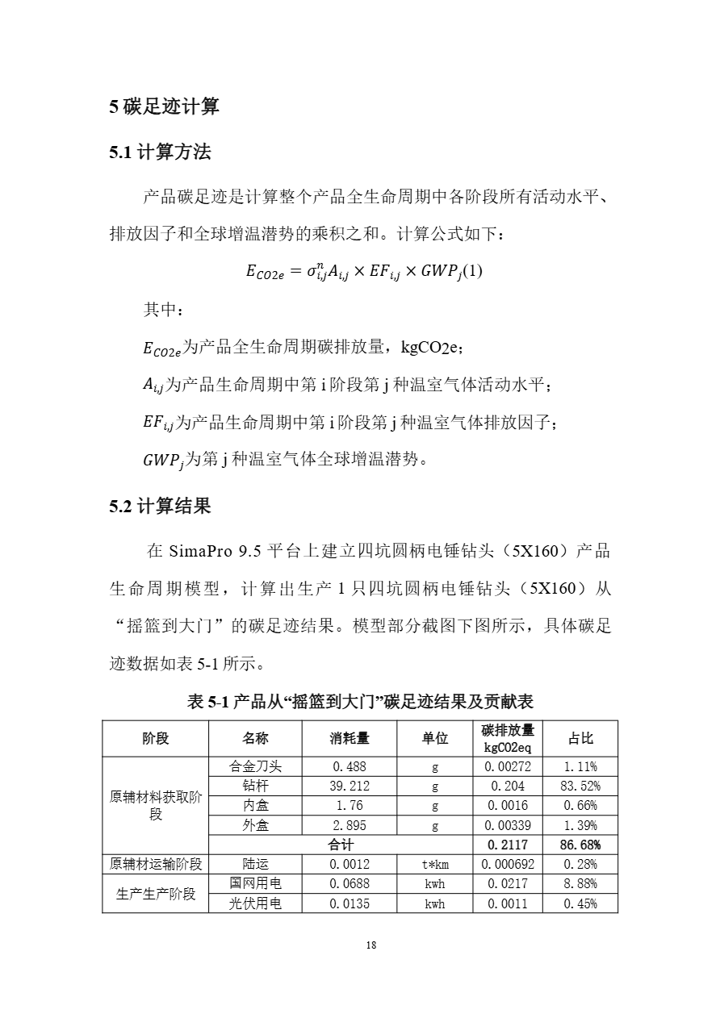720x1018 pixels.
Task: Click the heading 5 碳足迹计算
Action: click(164, 106)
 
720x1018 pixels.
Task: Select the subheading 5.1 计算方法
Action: click(160, 152)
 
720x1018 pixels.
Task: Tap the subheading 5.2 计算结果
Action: click(160, 507)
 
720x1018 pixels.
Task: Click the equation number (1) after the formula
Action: click(471, 271)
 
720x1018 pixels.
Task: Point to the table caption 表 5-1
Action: click(360, 702)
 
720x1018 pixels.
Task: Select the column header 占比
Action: click(580, 738)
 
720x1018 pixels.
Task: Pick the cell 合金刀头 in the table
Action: click(256, 766)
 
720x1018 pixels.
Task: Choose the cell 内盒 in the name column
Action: click(256, 805)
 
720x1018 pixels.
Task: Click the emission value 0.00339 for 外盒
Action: click(507, 825)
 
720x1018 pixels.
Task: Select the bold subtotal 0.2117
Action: click(507, 845)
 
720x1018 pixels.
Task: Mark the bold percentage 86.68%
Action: click(580, 845)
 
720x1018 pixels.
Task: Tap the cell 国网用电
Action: click(256, 884)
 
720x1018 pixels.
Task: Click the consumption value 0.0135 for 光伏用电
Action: click(350, 903)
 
